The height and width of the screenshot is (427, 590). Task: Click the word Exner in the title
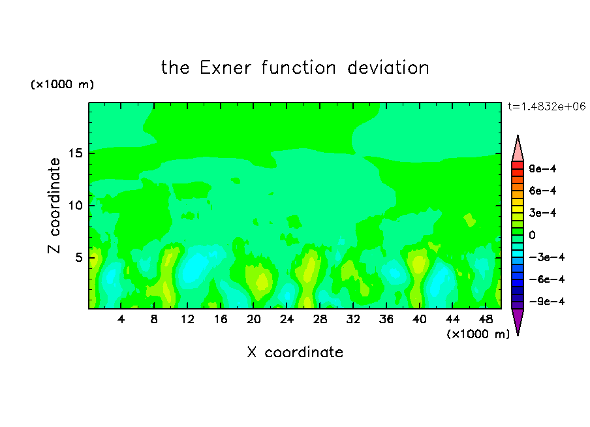(x=225, y=68)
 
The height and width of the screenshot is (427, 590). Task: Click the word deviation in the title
(x=388, y=68)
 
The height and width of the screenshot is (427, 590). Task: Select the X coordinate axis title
(x=295, y=352)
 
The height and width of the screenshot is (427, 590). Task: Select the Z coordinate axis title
(x=54, y=206)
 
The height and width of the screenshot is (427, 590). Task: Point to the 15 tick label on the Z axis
(x=75, y=153)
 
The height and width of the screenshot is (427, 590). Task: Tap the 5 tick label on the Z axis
(x=78, y=257)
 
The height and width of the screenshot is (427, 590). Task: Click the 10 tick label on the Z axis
(x=75, y=206)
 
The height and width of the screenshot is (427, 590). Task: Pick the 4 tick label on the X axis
(x=121, y=320)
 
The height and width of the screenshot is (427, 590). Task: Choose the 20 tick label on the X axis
(x=254, y=320)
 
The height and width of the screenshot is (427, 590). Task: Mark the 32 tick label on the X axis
(x=353, y=320)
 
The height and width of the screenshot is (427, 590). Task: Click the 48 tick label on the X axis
(x=486, y=320)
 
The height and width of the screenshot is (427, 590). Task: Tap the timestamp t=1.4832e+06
(x=546, y=106)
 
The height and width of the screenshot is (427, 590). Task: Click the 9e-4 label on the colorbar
(x=542, y=168)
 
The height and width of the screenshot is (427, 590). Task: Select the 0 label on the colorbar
(x=532, y=235)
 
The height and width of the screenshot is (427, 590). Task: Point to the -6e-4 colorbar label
(x=547, y=279)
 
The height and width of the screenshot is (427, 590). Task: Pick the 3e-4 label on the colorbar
(x=542, y=213)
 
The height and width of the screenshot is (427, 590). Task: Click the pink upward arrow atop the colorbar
(x=518, y=149)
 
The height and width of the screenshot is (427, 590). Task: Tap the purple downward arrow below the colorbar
(x=518, y=321)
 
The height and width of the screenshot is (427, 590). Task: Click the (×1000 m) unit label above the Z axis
(x=62, y=84)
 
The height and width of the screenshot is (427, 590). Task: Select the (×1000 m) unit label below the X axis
(x=478, y=334)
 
